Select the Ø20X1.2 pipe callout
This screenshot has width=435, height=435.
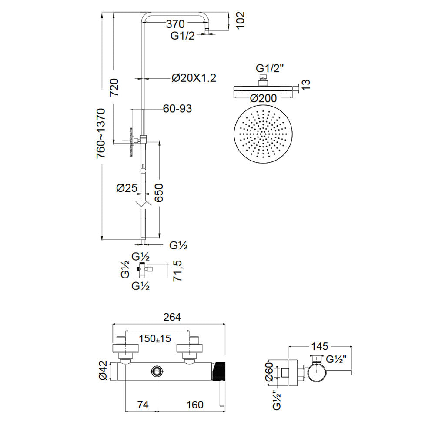(x=193, y=78)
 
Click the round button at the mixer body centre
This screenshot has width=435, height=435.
(x=157, y=372)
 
